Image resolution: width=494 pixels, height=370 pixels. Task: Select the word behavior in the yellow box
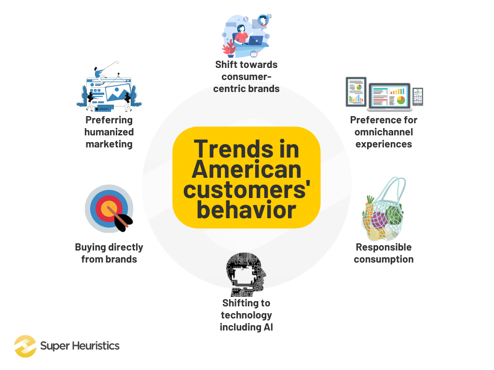point(246,211)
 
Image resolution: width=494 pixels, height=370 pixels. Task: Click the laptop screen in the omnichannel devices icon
point(389,94)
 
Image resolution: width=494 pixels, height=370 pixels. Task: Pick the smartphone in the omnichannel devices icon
point(418,96)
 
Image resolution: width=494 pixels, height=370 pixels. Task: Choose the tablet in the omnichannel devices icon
point(356,92)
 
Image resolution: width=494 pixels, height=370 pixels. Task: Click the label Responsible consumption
point(384,253)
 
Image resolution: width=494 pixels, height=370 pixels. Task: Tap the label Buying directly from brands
point(109,253)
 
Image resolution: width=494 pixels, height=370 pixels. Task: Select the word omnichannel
point(384,132)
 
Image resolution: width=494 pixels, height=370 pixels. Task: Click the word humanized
point(109,132)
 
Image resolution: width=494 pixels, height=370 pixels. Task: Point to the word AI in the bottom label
point(267,327)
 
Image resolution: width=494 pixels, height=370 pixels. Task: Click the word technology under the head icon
point(247,315)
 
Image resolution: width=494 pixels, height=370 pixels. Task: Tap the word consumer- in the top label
point(247,77)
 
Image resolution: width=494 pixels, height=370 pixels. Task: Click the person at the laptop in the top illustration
point(241,35)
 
